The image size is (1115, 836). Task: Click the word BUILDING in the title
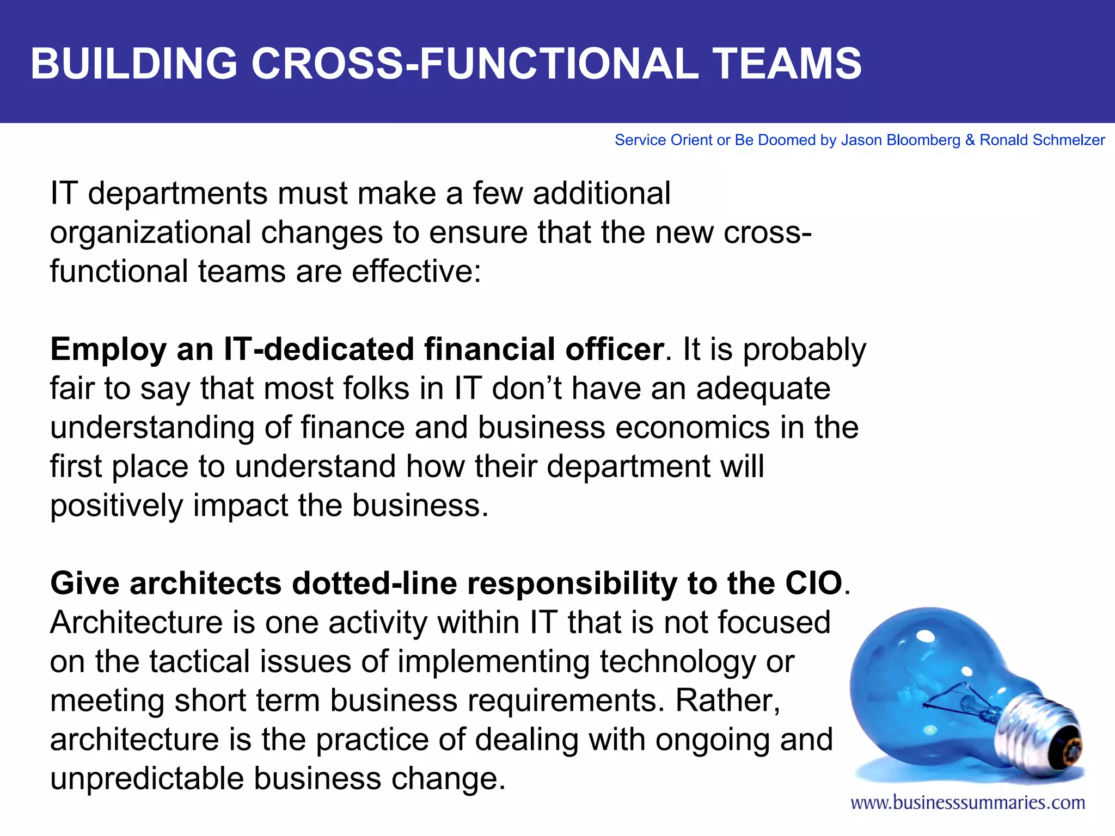pos(134,64)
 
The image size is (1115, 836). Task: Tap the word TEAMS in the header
pos(787,64)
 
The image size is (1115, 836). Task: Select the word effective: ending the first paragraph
pos(416,272)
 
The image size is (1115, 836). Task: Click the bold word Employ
pos(108,351)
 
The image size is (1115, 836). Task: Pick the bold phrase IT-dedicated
pos(319,349)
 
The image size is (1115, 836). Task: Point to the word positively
pos(117,506)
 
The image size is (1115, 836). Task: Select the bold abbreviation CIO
pos(813,584)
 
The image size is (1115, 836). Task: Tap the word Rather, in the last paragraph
pos(728,701)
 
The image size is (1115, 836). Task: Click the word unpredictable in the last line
pos(147,779)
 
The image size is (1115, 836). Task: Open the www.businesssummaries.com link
pos(967,803)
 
